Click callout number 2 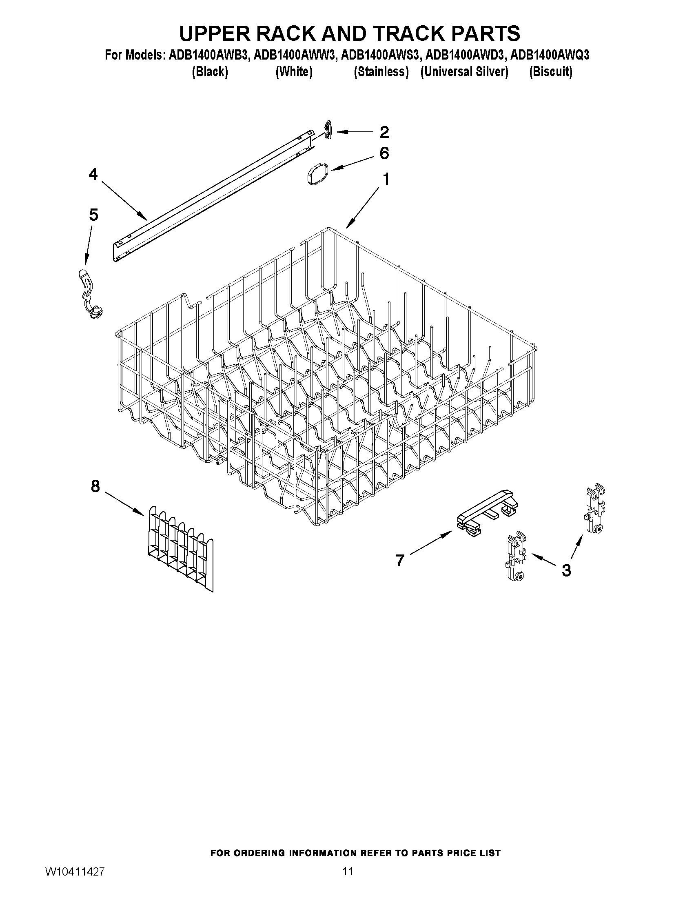click(384, 132)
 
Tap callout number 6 click(384, 153)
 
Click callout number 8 click(95, 486)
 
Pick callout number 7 click(400, 560)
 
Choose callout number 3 click(566, 570)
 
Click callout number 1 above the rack click(386, 179)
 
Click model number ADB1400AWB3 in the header click(208, 55)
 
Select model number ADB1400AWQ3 click(550, 55)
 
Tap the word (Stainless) click(381, 72)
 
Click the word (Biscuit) click(550, 72)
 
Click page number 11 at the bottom click(348, 871)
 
